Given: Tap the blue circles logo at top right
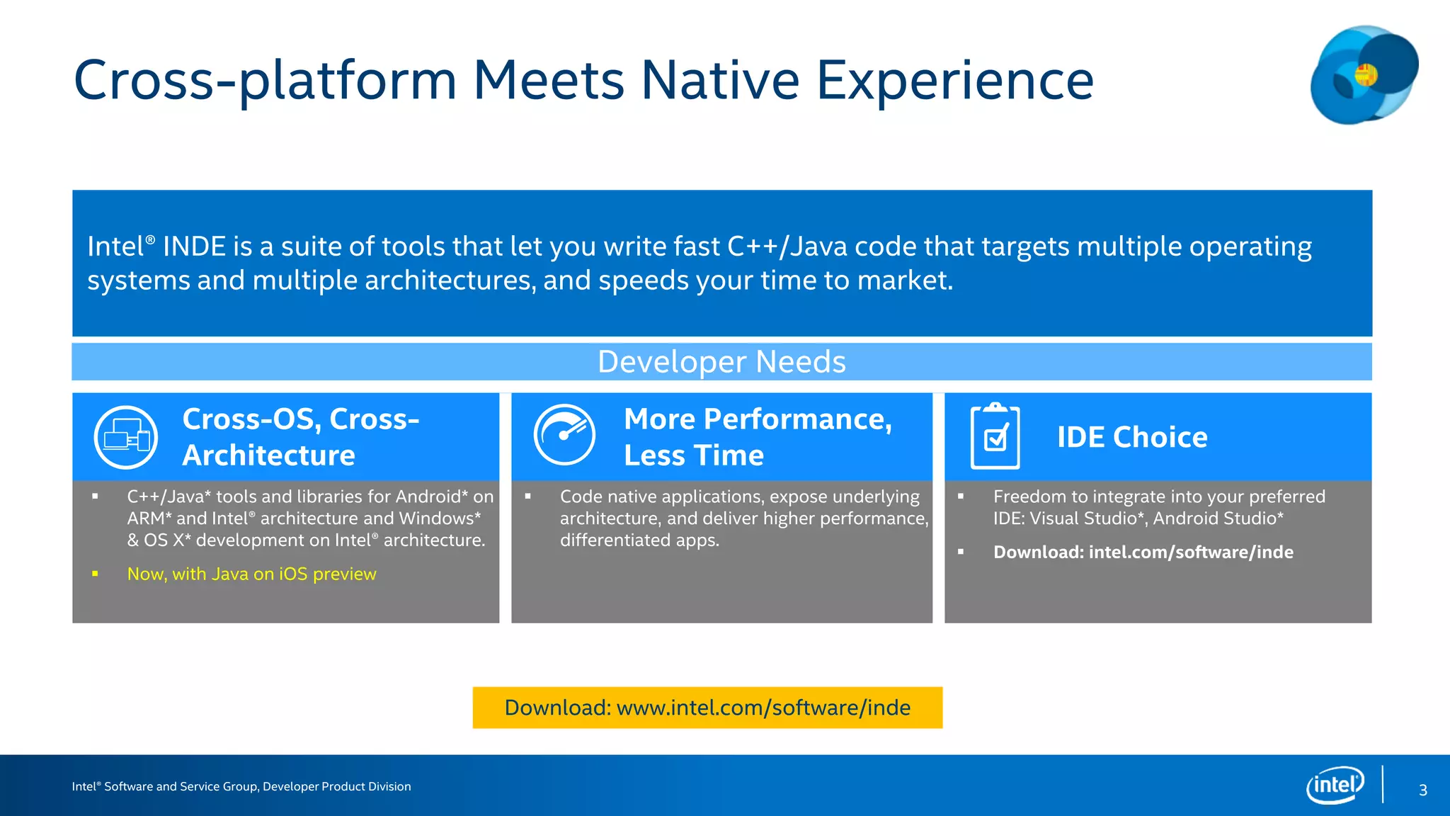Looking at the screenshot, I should tap(1364, 75).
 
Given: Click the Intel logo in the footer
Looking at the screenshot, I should tap(1335, 785).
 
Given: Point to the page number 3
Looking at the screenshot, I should tap(1423, 790).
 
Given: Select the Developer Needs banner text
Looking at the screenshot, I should tap(721, 362).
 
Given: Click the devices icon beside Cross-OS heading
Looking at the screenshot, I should tap(126, 437).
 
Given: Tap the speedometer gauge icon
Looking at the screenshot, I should tap(564, 434).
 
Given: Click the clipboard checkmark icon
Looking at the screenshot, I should tap(995, 436).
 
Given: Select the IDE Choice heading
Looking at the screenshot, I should tap(1132, 437).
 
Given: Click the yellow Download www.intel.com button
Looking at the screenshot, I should tap(707, 708).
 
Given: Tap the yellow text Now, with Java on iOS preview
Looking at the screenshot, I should tap(251, 574).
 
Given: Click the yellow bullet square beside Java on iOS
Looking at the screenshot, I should tap(95, 574).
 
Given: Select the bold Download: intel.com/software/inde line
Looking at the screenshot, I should tap(1143, 552).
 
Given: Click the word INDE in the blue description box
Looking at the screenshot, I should tap(194, 246).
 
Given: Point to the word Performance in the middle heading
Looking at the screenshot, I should tap(797, 419).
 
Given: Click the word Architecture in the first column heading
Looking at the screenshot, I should tap(269, 455).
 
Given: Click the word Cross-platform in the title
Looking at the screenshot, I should tap(265, 80).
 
